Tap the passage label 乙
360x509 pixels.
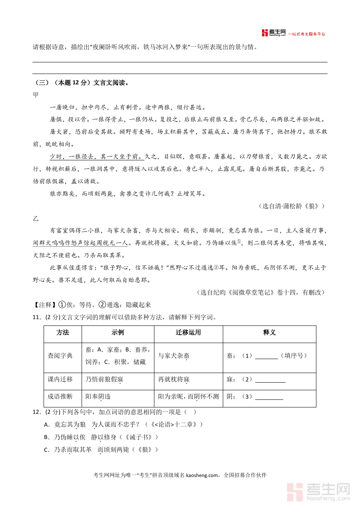point(36,219)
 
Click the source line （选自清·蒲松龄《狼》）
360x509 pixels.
point(292,206)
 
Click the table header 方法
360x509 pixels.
point(63,333)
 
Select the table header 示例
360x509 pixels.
point(118,333)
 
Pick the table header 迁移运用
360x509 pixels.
point(188,333)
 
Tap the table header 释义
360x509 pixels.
point(269,333)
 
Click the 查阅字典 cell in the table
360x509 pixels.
point(60,355)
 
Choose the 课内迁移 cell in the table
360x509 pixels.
point(60,379)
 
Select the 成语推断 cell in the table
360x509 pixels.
point(60,397)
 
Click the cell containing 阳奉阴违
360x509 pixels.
point(98,397)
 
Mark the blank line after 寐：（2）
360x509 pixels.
point(270,380)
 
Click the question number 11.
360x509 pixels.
point(37,318)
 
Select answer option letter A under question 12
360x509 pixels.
point(46,424)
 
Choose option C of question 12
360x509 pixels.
point(46,450)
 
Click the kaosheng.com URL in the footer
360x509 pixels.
point(202,475)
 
